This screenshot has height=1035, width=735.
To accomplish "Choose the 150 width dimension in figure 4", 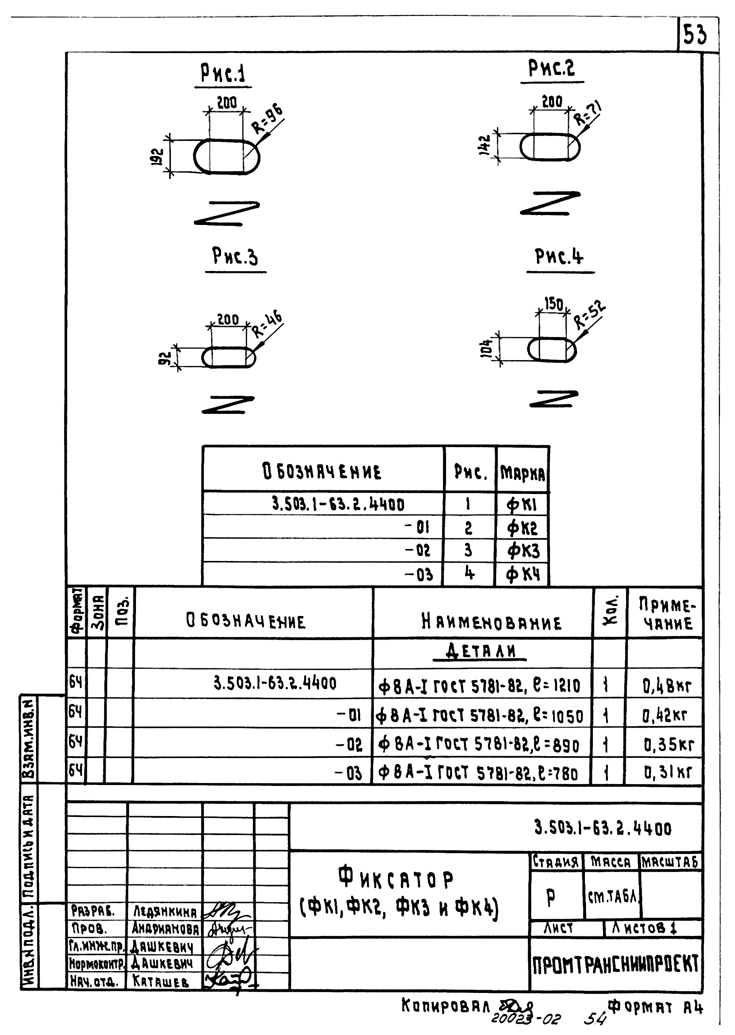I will tap(553, 304).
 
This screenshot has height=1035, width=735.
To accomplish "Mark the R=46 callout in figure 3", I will tap(267, 324).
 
